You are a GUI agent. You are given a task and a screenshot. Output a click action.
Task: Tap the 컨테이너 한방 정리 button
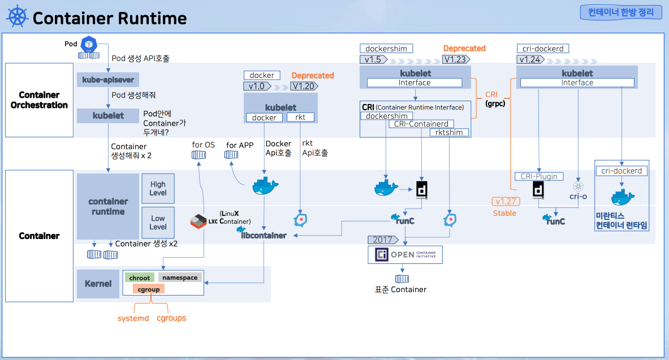620,12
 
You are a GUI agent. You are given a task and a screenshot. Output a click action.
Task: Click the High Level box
158,188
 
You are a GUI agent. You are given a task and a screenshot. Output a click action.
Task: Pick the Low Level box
158,223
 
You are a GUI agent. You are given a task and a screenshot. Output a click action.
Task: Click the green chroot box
140,277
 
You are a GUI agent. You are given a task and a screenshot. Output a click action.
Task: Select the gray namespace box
180,277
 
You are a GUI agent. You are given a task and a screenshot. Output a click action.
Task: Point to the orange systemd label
133,318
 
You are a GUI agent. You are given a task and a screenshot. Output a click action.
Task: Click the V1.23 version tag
455,59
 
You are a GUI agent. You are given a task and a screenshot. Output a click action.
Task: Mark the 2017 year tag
382,240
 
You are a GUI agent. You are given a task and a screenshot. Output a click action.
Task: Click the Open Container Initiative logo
405,255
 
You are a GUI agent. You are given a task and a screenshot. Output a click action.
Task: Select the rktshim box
450,132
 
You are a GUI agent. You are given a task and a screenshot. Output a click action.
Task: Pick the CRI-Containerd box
421,124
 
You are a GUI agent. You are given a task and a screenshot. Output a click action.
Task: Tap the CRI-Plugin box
539,176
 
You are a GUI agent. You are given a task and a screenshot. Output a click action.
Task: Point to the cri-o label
578,197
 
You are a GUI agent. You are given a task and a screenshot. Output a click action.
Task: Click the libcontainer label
264,235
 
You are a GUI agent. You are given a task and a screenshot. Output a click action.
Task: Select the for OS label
204,145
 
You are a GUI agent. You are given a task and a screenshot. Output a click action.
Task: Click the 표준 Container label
400,289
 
